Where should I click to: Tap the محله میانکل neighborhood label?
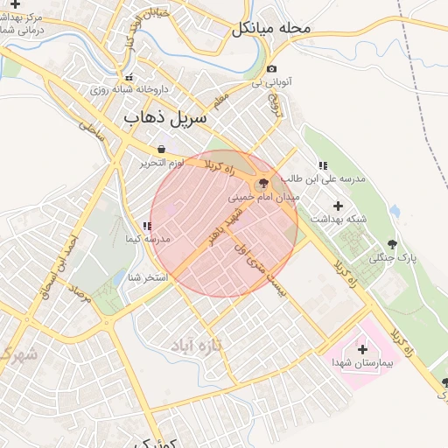click(272, 28)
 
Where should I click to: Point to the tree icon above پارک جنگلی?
click(391, 245)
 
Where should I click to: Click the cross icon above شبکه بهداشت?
click(338, 206)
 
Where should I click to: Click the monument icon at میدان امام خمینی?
click(262, 185)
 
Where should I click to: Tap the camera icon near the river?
click(272, 69)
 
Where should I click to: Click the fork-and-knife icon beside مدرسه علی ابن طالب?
click(322, 165)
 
